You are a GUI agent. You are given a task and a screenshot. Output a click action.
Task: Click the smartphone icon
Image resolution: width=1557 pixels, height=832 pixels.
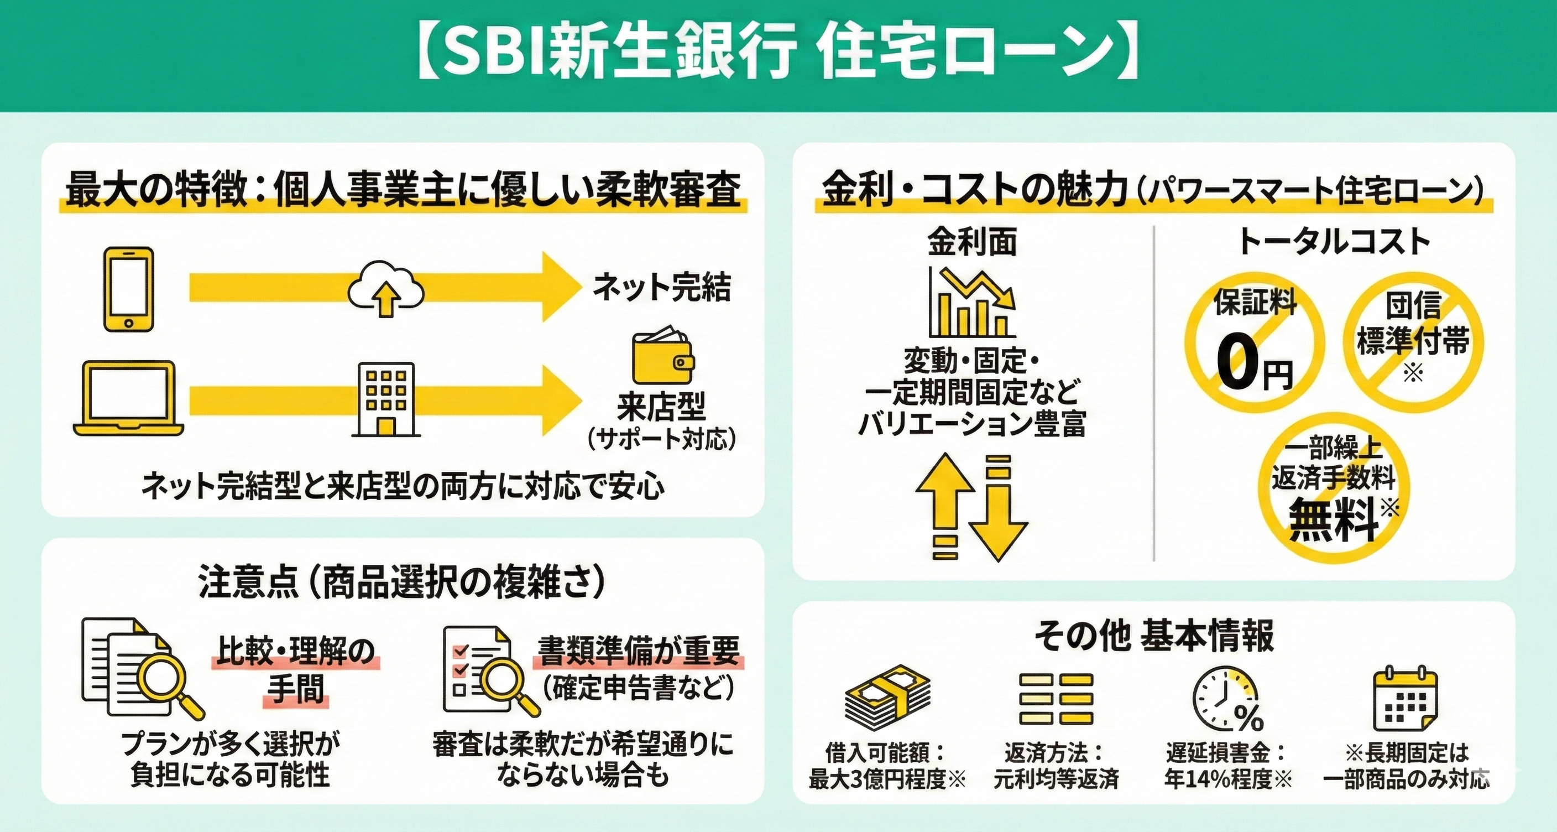tap(128, 289)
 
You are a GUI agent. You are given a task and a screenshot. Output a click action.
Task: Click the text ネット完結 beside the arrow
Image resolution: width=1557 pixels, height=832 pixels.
tap(662, 287)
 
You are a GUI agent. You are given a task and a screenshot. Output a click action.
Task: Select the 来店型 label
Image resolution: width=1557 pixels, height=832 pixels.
tap(661, 407)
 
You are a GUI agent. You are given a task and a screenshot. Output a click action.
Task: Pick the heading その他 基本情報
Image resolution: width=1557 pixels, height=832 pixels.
tap(1153, 636)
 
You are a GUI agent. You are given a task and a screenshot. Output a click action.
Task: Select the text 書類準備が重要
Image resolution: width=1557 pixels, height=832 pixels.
tap(638, 651)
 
